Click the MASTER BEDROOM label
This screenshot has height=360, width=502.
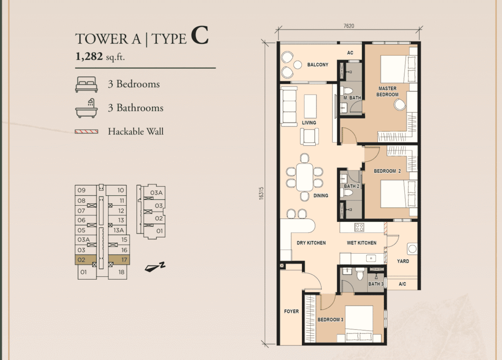coord(387,92)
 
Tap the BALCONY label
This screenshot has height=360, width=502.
coord(318,65)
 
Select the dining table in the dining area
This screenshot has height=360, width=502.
coord(304,177)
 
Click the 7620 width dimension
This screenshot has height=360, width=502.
coord(349,26)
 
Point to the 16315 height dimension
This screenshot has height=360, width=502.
coord(261,193)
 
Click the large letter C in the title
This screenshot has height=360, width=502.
coord(200,35)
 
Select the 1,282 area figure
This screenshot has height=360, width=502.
coord(89,56)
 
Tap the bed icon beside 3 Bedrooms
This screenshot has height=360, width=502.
coord(86,84)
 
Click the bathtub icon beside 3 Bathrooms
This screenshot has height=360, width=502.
coord(86,108)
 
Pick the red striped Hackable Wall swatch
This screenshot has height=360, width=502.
coord(86,132)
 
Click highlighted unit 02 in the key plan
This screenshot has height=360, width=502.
coord(85,260)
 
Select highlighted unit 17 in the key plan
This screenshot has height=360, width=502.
coord(119,260)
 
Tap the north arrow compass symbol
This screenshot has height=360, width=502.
coord(155,267)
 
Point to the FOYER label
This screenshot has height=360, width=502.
coord(291,311)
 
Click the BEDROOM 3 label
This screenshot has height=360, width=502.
coord(330,320)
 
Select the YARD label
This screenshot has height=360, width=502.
coord(403,261)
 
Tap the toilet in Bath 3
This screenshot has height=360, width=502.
coord(360,274)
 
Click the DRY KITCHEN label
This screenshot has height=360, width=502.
coord(311,243)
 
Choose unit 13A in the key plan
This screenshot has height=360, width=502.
coord(119,230)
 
